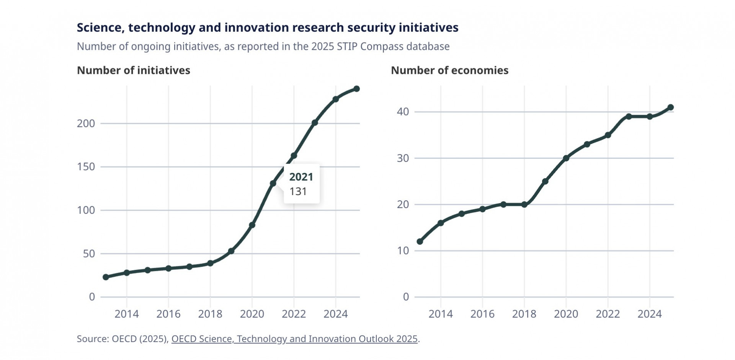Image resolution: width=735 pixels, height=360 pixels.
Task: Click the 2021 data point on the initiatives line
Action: [273, 184]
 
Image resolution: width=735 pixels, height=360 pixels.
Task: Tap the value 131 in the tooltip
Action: [298, 191]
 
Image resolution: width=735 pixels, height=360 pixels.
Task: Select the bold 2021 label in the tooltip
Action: [301, 177]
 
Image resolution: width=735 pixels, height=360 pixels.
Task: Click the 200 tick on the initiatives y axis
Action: [86, 124]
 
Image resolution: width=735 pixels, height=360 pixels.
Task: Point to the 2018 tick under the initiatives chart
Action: [210, 314]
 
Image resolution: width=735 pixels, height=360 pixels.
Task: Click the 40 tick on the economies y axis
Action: [403, 112]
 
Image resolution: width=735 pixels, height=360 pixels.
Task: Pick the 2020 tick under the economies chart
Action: [566, 314]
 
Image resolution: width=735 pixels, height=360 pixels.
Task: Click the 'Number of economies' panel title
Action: [449, 70]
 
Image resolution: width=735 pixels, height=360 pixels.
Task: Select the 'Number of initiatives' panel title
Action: [133, 70]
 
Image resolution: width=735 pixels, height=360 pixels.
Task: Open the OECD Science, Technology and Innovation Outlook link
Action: [294, 339]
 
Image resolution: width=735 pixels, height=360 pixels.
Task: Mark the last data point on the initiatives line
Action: [356, 89]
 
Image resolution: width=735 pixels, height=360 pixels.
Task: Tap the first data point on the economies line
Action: [420, 241]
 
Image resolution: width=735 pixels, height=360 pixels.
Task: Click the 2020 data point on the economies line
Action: [566, 158]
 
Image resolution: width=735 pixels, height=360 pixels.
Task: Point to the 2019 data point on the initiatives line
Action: [231, 251]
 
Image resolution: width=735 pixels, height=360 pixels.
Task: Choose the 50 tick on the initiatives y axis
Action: [89, 254]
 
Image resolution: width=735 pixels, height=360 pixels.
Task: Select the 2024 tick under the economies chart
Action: [649, 314]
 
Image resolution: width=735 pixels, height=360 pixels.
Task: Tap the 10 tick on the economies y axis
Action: [403, 251]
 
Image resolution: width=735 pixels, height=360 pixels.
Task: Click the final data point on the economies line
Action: [670, 108]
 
